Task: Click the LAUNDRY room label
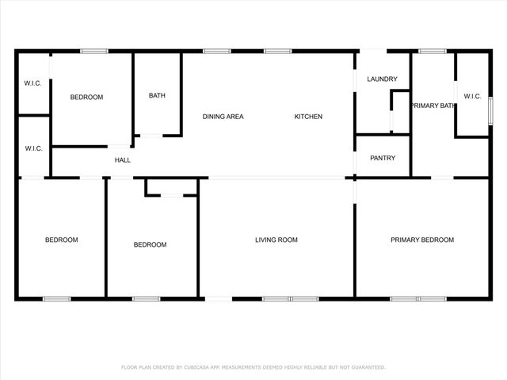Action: tap(382, 79)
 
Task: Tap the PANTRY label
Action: tap(382, 158)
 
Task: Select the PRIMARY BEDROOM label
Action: tap(422, 240)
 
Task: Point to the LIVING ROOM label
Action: tap(276, 240)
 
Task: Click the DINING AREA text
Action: tap(223, 117)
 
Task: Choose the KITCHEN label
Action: tap(308, 117)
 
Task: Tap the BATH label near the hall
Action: tap(157, 96)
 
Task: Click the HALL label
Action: tap(123, 160)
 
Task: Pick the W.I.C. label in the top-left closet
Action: tap(32, 83)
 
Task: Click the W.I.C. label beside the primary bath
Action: tap(472, 97)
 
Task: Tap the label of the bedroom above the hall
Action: tap(86, 98)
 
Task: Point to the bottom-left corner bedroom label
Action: tap(61, 240)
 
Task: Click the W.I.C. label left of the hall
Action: tap(32, 148)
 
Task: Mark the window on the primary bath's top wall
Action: tap(433, 52)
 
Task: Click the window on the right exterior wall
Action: tap(490, 109)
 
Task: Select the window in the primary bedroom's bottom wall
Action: tap(418, 298)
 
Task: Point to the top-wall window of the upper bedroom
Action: tap(94, 52)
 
